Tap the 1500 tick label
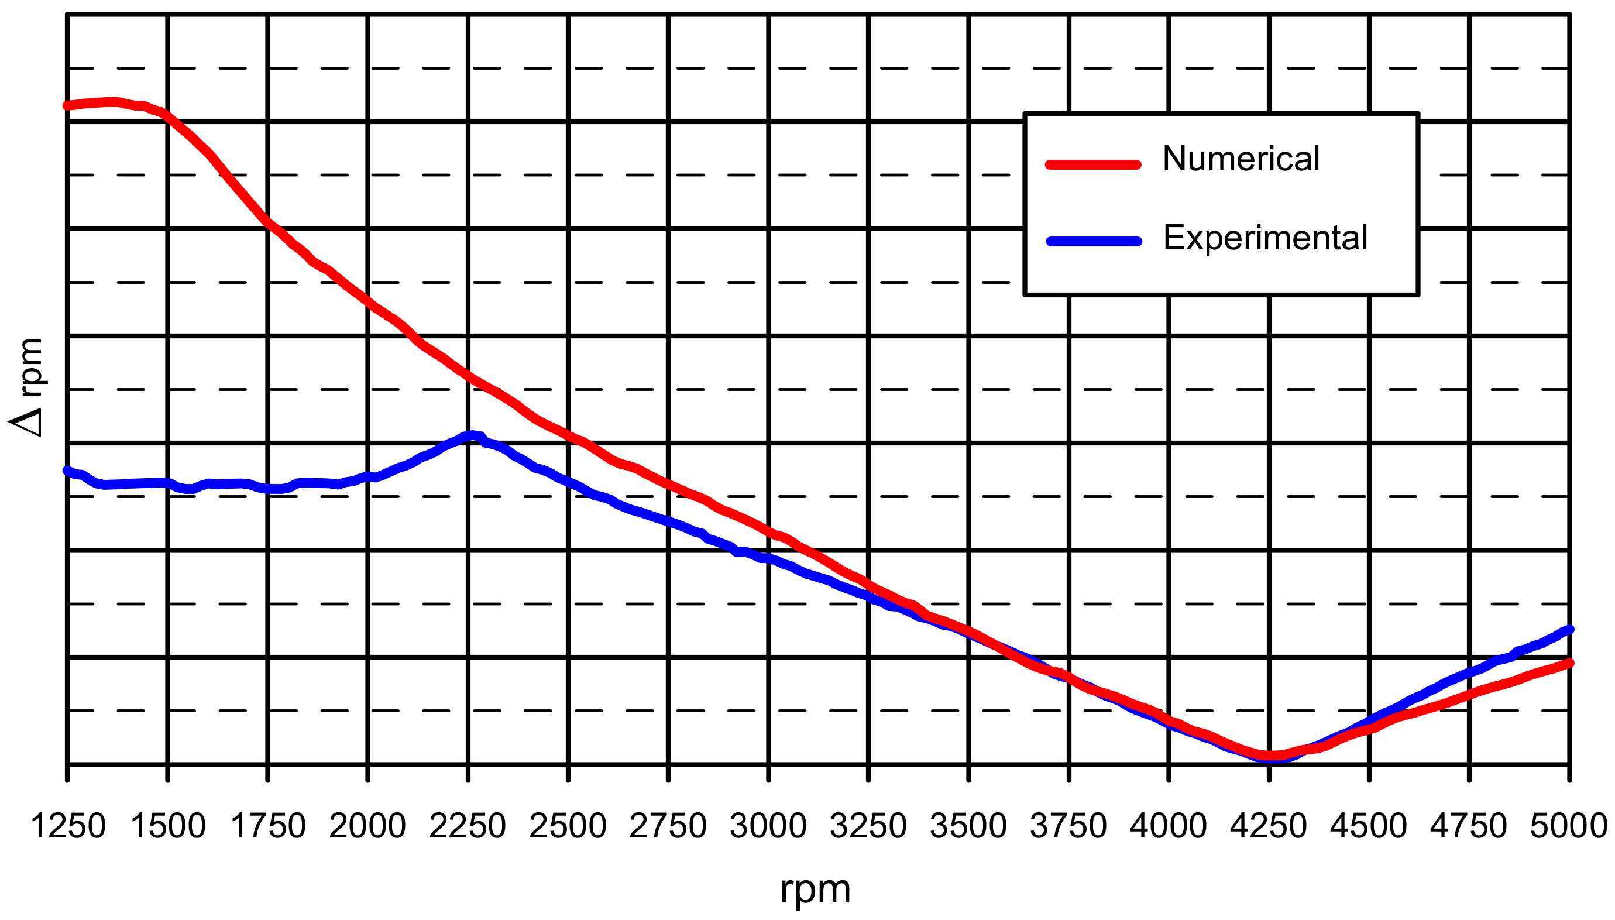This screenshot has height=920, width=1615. pyautogui.click(x=168, y=826)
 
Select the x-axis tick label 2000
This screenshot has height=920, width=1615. pyautogui.click(x=367, y=826)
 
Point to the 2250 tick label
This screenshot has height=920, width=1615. pyautogui.click(x=468, y=826)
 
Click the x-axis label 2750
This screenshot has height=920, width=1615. pyautogui.click(x=668, y=826)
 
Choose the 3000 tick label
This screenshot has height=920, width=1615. pyautogui.click(x=768, y=826)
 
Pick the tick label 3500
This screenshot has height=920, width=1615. pyautogui.click(x=968, y=826)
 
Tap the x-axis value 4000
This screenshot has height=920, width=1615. pyautogui.click(x=1169, y=826)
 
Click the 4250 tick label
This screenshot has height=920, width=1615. pyautogui.click(x=1268, y=826)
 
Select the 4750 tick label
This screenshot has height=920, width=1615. pyautogui.click(x=1469, y=826)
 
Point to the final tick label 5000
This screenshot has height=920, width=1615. pyautogui.click(x=1569, y=826)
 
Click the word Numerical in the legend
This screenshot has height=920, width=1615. pyautogui.click(x=1241, y=159)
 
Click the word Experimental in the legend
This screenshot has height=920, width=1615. pyautogui.click(x=1265, y=238)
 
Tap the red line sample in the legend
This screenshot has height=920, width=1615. pyautogui.click(x=1093, y=165)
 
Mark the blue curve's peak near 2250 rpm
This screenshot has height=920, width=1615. pyautogui.click(x=472, y=435)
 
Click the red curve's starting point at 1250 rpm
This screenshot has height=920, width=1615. pyautogui.click(x=67, y=105)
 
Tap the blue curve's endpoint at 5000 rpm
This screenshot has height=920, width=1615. pyautogui.click(x=1569, y=629)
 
